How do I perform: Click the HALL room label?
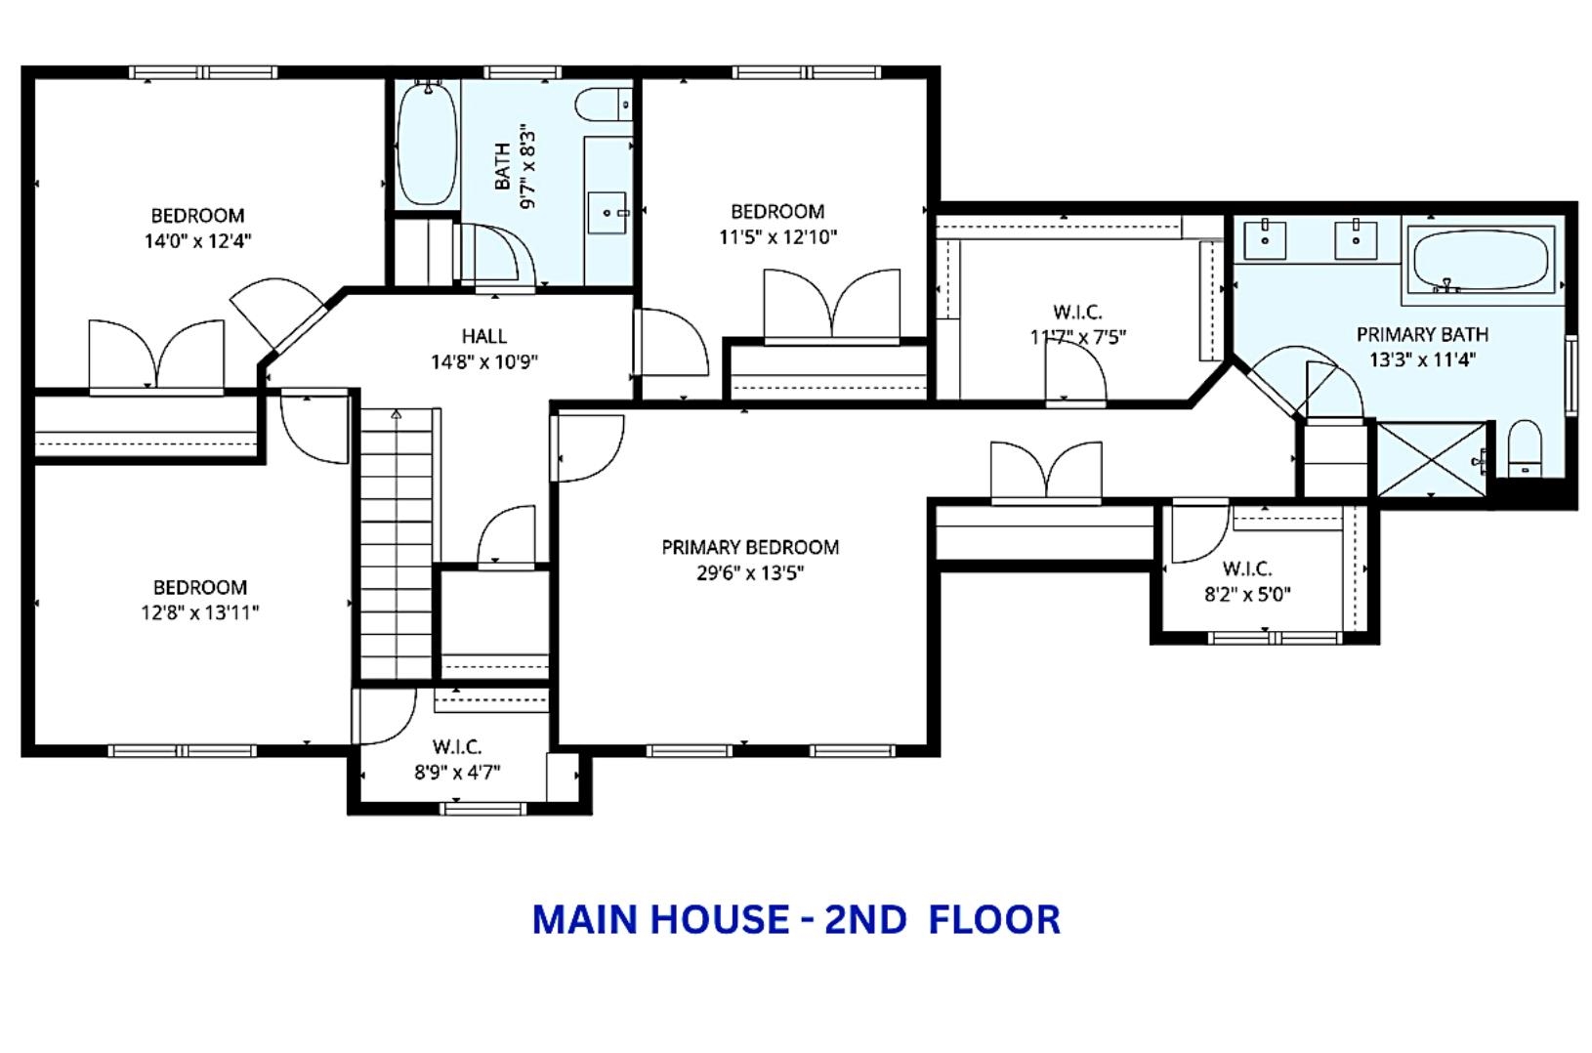(483, 336)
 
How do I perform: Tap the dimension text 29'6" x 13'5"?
(749, 573)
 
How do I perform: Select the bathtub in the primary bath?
(1480, 259)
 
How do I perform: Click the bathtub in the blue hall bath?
(428, 145)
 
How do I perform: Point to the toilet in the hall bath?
(603, 104)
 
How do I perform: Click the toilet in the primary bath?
(1524, 449)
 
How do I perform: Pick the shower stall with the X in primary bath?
(1431, 459)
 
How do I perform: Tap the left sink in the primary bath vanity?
(1265, 239)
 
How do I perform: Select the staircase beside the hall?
(397, 542)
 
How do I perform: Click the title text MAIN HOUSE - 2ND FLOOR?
(796, 920)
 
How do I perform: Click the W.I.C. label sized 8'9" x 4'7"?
(457, 747)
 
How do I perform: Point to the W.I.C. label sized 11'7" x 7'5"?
(1077, 313)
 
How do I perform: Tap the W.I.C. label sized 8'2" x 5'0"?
(1246, 569)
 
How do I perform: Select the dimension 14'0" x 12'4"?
(197, 241)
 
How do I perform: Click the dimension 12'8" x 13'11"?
(199, 613)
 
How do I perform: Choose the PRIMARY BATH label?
(1422, 334)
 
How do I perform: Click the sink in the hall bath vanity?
(607, 212)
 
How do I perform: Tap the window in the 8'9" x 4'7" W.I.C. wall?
(483, 808)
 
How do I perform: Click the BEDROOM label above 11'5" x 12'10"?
(777, 211)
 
